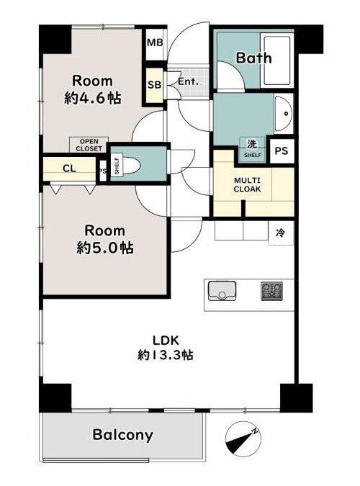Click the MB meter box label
(155, 42)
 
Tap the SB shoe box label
(154, 85)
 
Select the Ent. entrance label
(188, 82)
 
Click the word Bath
(253, 58)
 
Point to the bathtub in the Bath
(276, 60)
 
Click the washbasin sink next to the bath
(284, 114)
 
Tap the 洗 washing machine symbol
(252, 144)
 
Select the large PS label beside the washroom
(282, 150)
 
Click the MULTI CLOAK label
(247, 185)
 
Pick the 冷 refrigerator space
(280, 233)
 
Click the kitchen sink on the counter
(222, 290)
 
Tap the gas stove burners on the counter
(272, 291)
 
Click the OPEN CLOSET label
(89, 145)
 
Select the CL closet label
(69, 168)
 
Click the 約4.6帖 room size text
(92, 98)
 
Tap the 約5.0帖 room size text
(105, 248)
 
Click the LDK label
(166, 341)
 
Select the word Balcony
(123, 435)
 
